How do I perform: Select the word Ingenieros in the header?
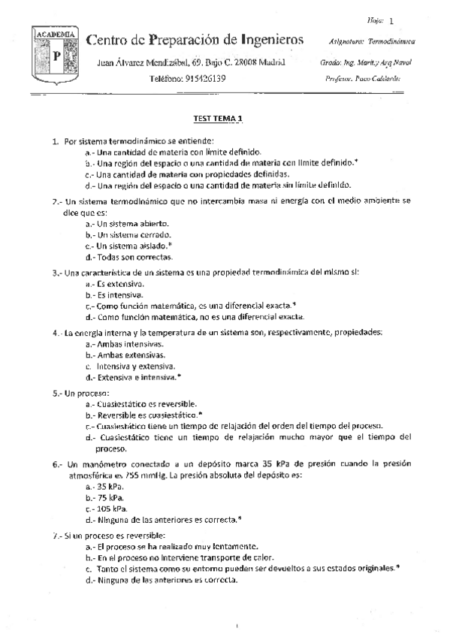coord(267,39)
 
